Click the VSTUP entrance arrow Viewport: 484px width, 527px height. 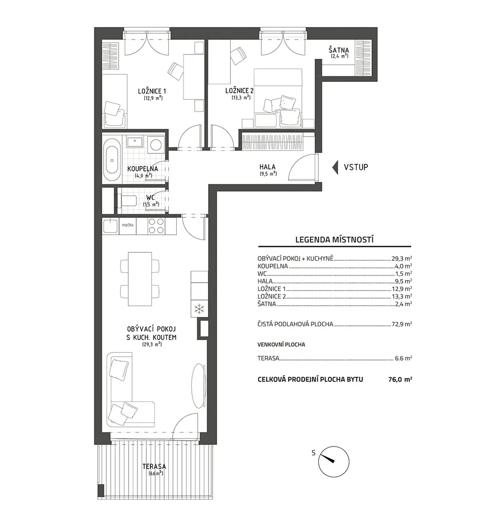(x=335, y=167)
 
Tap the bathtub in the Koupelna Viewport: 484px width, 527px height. (x=112, y=160)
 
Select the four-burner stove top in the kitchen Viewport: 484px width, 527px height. (x=156, y=226)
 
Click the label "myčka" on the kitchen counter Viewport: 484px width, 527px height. (x=128, y=225)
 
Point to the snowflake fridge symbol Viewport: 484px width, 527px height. (x=199, y=309)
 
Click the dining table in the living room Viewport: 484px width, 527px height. (x=140, y=279)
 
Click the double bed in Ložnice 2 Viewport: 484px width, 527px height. (x=278, y=98)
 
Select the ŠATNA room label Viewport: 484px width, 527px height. (x=339, y=50)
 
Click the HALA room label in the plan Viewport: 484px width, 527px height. (x=268, y=167)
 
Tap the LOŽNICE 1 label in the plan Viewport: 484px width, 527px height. (x=152, y=91)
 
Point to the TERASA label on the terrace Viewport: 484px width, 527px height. (x=154, y=466)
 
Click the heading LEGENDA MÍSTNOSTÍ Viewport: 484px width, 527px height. (x=335, y=240)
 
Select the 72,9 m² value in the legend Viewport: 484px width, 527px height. (x=402, y=324)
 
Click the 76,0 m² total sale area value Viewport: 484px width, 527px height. (x=400, y=379)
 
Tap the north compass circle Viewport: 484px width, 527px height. (x=334, y=462)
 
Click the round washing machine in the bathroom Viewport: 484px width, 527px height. (x=156, y=144)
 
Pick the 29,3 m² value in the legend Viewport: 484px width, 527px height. (x=402, y=259)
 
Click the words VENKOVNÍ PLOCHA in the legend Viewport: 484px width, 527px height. (x=281, y=345)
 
